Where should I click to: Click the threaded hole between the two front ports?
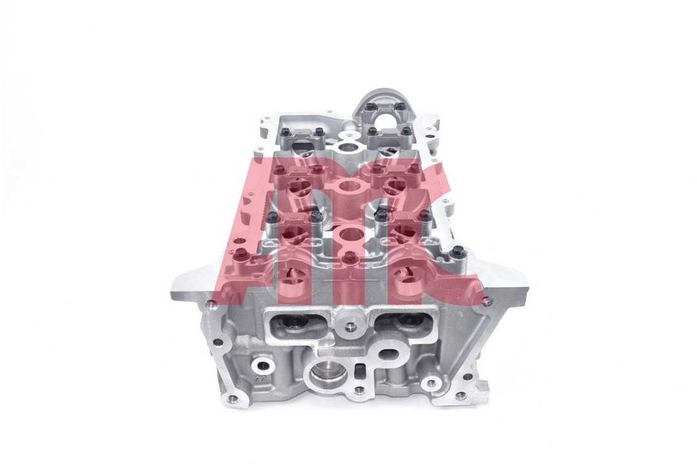point(349,327)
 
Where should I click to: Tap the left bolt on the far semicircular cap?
point(369,108)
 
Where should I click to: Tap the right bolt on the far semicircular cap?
point(400,107)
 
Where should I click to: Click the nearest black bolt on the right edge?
point(458,252)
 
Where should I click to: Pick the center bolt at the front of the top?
point(349,258)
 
